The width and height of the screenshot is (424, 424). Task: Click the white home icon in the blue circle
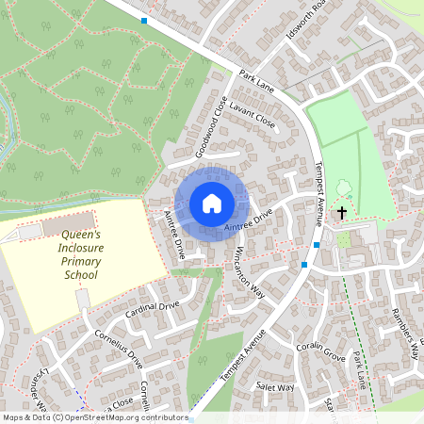pyautogui.click(x=211, y=204)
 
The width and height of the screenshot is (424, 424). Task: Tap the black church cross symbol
pyautogui.click(x=341, y=214)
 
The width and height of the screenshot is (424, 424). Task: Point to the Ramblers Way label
pyautogui.click(x=404, y=334)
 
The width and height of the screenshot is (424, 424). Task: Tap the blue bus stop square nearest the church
pyautogui.click(x=318, y=245)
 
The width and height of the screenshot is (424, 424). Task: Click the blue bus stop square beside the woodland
pyautogui.click(x=144, y=20)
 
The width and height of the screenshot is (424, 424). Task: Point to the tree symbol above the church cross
pyautogui.click(x=341, y=187)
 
